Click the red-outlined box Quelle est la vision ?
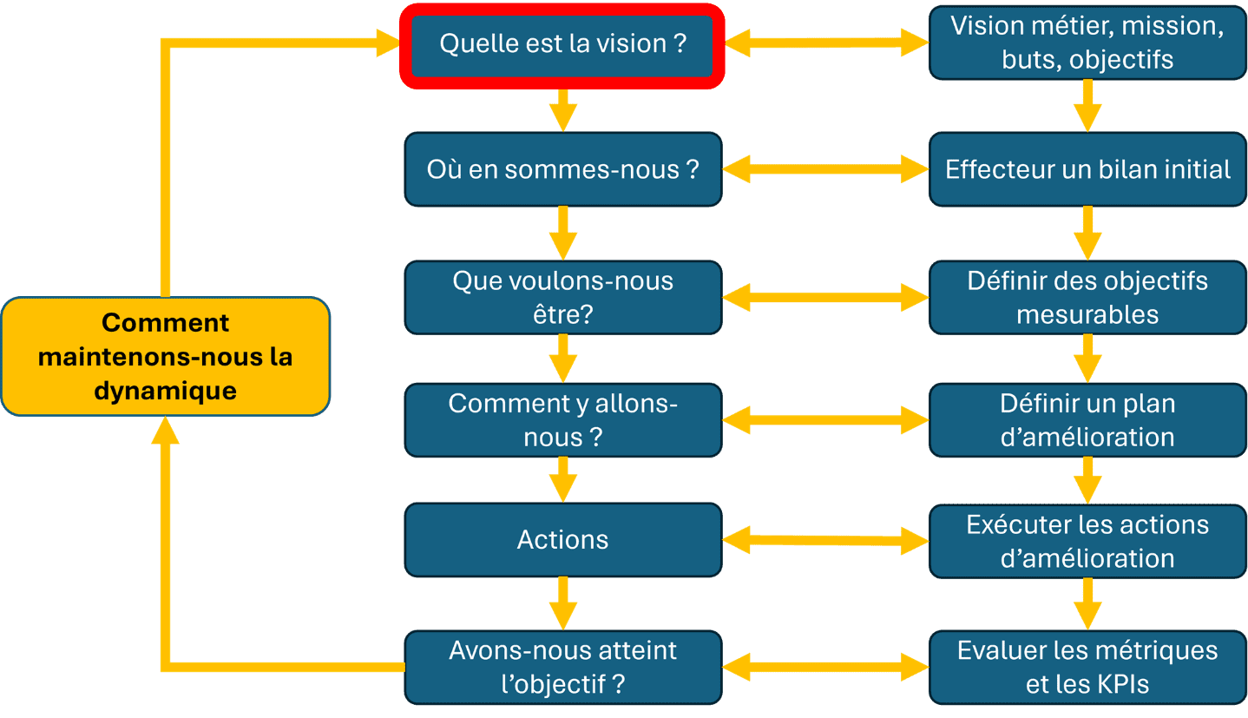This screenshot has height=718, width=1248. click(562, 46)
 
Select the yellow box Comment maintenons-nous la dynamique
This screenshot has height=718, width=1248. click(166, 357)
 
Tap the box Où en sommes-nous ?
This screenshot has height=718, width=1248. click(563, 169)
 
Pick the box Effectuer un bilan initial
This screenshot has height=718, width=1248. click(1088, 169)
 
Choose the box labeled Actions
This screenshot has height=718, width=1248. click(563, 540)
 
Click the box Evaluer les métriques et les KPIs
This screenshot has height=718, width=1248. click(1088, 668)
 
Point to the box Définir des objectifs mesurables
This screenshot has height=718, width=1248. click(1088, 298)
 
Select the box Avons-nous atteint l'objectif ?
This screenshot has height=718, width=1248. click(563, 668)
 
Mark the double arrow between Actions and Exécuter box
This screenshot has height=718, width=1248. click(825, 540)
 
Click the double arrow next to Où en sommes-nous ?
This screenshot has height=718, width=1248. click(825, 169)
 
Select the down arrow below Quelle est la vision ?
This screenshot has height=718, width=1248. click(563, 110)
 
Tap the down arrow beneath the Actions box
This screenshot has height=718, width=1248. click(563, 603)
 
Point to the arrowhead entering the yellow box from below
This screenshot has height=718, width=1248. click(166, 431)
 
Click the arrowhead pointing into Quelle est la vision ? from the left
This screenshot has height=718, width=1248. click(388, 43)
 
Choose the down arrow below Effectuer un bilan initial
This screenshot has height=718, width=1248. click(1088, 234)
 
